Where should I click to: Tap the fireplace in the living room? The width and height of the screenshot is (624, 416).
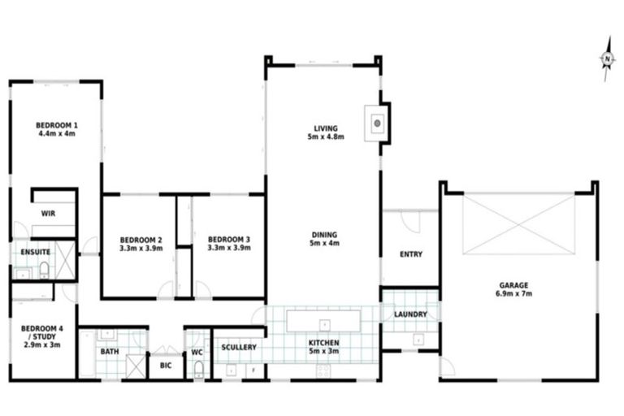point(377,123)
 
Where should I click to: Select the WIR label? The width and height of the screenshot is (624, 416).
point(48,214)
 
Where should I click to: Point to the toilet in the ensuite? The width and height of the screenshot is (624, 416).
point(44,268)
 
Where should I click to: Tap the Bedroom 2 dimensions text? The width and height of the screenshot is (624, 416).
point(141,248)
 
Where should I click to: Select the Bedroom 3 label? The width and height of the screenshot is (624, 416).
point(228,239)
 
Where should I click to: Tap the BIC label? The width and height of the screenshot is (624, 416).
point(166,366)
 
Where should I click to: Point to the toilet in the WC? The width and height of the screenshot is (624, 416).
point(197,370)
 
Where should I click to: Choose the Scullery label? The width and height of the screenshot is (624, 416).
point(239,348)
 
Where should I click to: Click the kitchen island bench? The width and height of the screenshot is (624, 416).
point(323,317)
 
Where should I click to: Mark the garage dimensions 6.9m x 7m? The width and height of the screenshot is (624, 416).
point(513,293)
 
